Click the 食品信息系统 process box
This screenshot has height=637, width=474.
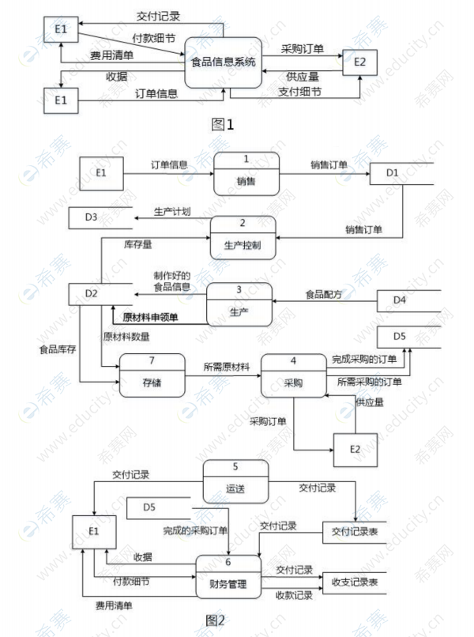click(x=224, y=62)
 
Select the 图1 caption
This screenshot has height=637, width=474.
click(x=224, y=123)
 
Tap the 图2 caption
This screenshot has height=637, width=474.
click(x=215, y=619)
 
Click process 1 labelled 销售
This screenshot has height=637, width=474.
click(x=246, y=174)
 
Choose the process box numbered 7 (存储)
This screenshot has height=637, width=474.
click(x=152, y=376)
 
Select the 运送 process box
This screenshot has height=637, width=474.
click(x=235, y=481)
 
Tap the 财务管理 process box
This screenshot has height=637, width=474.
click(x=229, y=576)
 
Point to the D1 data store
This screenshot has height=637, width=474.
click(x=401, y=173)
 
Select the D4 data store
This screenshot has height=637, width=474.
click(x=407, y=300)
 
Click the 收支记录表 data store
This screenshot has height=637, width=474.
click(x=355, y=582)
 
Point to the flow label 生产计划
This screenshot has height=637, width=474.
click(x=172, y=211)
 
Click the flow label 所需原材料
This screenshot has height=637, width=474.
click(x=227, y=366)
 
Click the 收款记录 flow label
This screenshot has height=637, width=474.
click(x=294, y=594)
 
